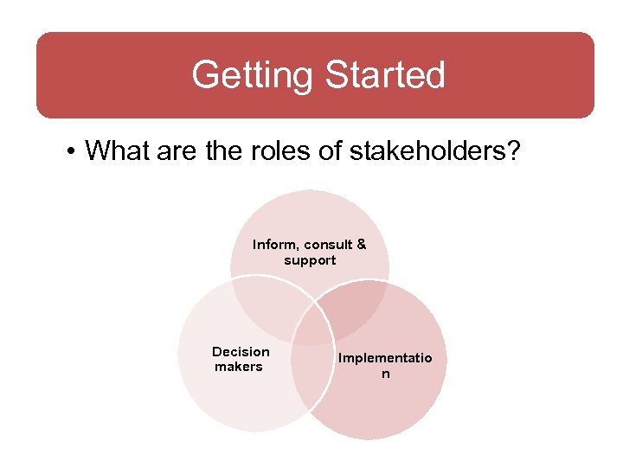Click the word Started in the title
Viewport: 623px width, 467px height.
pyautogui.click(x=384, y=75)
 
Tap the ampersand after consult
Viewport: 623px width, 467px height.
pyautogui.click(x=361, y=245)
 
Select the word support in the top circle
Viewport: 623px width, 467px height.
pyautogui.click(x=310, y=260)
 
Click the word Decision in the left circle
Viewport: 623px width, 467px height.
pyautogui.click(x=241, y=351)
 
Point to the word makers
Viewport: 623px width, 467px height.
pyautogui.click(x=238, y=367)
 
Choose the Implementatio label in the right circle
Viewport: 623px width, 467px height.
pyautogui.click(x=385, y=358)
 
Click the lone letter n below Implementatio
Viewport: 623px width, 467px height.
pyautogui.click(x=386, y=374)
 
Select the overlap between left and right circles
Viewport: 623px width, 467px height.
pyautogui.click(x=311, y=381)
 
